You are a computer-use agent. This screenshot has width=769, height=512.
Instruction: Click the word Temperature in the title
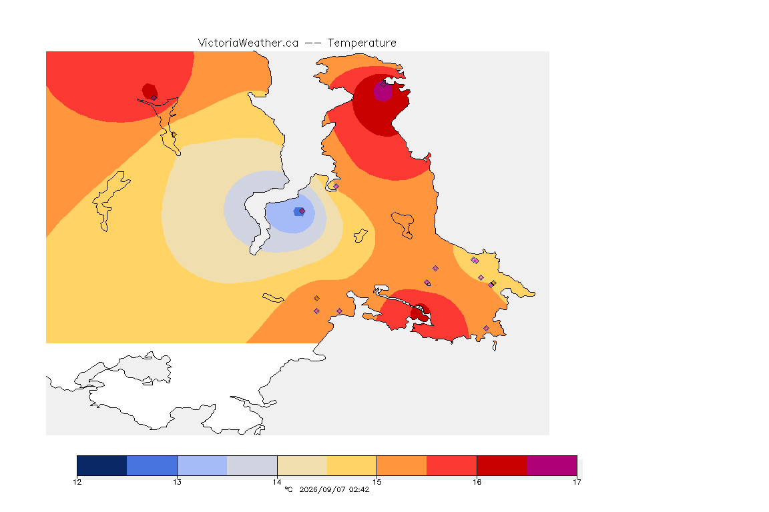[362, 43]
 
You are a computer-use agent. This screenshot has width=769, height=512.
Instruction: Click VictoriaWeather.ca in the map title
[248, 43]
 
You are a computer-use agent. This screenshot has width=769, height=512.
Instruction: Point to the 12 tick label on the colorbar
[77, 482]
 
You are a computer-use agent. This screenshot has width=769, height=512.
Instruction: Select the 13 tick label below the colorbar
[177, 482]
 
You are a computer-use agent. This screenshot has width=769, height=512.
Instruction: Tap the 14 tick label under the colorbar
[277, 482]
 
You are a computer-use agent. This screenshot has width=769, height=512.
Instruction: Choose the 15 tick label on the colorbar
[376, 482]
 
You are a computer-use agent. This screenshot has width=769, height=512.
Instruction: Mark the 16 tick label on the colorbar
[477, 482]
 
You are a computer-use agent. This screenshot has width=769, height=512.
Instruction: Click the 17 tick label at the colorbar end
[577, 482]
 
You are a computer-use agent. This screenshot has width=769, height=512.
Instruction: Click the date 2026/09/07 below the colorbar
[322, 489]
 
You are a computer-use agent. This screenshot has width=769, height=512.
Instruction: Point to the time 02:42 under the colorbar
[359, 489]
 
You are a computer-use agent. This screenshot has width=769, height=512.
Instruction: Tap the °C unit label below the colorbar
[289, 489]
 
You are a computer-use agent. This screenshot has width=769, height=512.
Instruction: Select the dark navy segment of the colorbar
[102, 465]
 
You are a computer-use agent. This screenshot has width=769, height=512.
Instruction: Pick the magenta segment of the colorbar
[552, 465]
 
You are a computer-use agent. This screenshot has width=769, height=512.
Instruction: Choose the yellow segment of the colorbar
[352, 465]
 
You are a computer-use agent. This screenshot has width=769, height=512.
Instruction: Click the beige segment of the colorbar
[302, 465]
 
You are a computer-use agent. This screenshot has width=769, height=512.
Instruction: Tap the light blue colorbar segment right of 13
[202, 465]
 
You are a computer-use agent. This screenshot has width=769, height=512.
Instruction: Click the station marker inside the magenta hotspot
[384, 84]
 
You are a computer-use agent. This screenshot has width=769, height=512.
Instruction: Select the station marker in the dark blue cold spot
[302, 211]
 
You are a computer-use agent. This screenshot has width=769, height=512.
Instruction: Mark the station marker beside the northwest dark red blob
[154, 97]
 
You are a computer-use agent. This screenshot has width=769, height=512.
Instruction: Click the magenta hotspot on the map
[383, 91]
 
